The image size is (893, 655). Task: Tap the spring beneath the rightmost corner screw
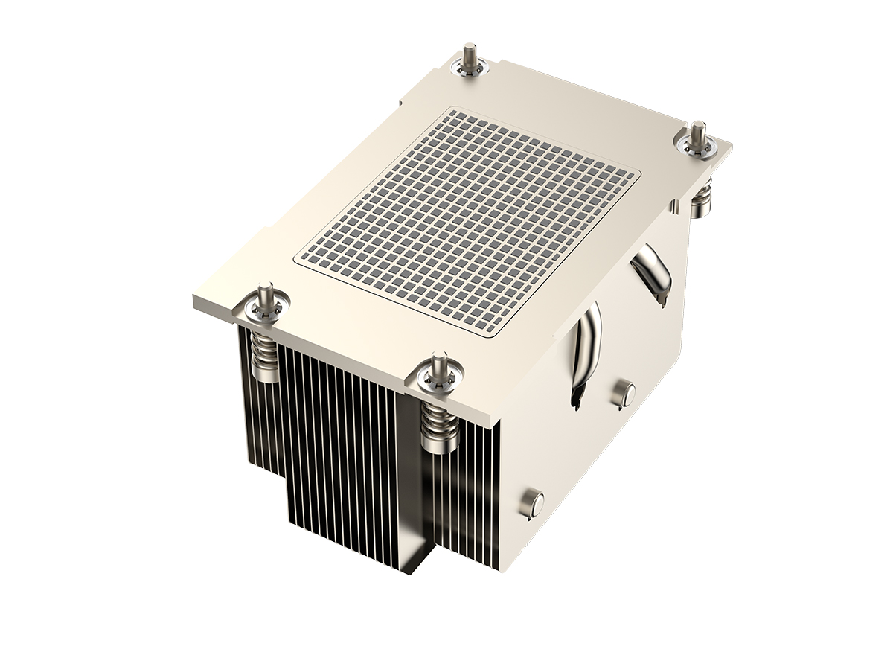(x=700, y=199)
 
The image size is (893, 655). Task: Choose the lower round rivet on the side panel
(x=531, y=504)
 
